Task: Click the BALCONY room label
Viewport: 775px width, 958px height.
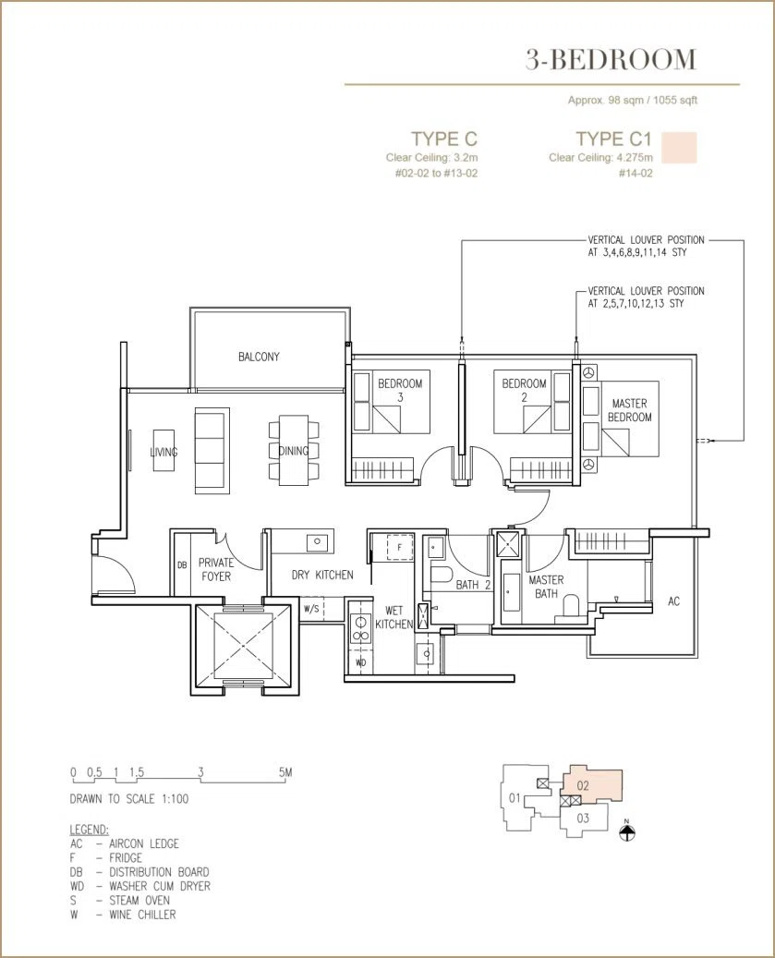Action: pyautogui.click(x=259, y=357)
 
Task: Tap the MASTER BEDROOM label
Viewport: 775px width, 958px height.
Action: pyautogui.click(x=630, y=410)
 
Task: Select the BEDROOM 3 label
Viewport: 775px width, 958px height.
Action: pyautogui.click(x=400, y=390)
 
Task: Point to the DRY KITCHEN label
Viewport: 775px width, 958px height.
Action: pyautogui.click(x=322, y=575)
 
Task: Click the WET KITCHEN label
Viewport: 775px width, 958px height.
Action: pyautogui.click(x=394, y=617)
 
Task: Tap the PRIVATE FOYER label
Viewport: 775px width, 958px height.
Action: pyautogui.click(x=216, y=569)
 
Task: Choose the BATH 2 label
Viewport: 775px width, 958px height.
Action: pyautogui.click(x=473, y=586)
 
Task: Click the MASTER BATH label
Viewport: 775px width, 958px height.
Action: pyautogui.click(x=546, y=587)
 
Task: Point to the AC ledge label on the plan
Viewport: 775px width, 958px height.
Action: pyautogui.click(x=673, y=601)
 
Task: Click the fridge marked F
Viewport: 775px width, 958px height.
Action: pyautogui.click(x=399, y=548)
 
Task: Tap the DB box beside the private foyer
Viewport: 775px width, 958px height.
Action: pyautogui.click(x=182, y=565)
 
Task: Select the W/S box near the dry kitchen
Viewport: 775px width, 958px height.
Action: pyautogui.click(x=311, y=609)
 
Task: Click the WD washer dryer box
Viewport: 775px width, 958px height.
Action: pyautogui.click(x=360, y=662)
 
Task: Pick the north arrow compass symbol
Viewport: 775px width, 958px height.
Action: pyautogui.click(x=626, y=831)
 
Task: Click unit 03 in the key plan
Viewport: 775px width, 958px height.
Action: pyautogui.click(x=583, y=818)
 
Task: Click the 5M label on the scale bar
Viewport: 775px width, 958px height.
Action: pyautogui.click(x=285, y=772)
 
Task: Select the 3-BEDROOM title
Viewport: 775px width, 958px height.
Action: pyautogui.click(x=611, y=59)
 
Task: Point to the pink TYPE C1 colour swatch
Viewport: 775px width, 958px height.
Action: pyautogui.click(x=679, y=147)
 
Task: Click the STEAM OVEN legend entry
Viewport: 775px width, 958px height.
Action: pyautogui.click(x=120, y=901)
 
